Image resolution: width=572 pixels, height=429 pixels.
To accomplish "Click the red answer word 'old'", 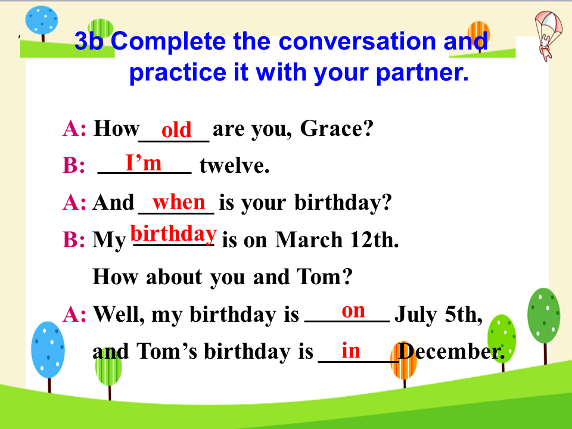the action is (176, 129).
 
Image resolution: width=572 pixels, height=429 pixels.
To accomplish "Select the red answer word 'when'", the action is (179, 202).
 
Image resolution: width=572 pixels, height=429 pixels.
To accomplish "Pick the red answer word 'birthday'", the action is (173, 234).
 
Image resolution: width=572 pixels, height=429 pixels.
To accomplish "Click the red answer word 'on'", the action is (353, 311).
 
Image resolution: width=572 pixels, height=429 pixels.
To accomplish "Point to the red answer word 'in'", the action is (350, 350).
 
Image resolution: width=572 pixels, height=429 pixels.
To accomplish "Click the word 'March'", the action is (309, 240).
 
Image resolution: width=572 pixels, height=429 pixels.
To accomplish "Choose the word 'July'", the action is (415, 315).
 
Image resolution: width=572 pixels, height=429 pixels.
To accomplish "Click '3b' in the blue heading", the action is (89, 41).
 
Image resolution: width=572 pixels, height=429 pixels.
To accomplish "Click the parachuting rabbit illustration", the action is (548, 35).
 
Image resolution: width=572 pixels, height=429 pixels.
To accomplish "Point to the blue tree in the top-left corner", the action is (42, 23).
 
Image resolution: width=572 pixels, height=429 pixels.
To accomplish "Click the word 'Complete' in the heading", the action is (168, 42).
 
